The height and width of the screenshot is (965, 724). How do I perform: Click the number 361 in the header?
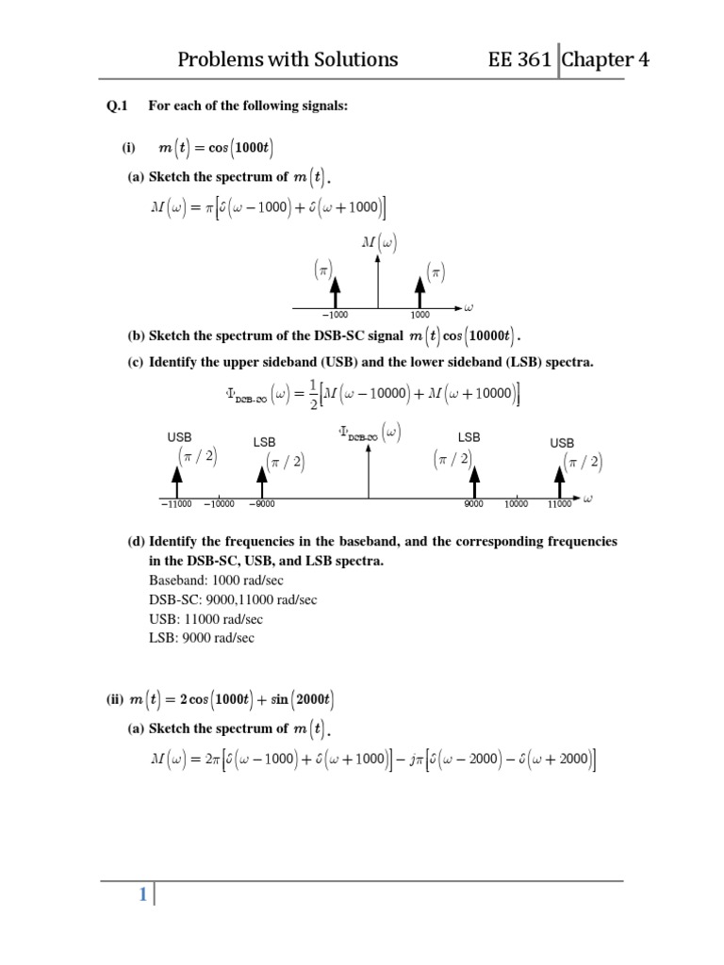pos(534,60)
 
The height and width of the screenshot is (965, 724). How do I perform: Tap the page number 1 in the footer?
pos(142,896)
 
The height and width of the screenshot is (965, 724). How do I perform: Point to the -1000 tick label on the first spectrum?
pos(335,315)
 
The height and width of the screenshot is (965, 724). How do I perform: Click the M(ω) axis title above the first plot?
pos(379,242)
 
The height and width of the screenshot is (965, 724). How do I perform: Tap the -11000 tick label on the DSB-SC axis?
pos(176,504)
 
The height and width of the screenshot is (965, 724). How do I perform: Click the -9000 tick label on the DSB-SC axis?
pos(262,504)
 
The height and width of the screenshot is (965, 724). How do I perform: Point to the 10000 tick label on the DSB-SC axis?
pos(516,504)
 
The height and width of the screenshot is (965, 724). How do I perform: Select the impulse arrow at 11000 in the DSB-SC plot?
pos(560,482)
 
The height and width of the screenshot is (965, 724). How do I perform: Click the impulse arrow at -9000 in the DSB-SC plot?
pos(262,482)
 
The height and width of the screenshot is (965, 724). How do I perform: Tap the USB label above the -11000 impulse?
pos(179,437)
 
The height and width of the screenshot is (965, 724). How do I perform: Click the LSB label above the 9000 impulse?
pos(469,437)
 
